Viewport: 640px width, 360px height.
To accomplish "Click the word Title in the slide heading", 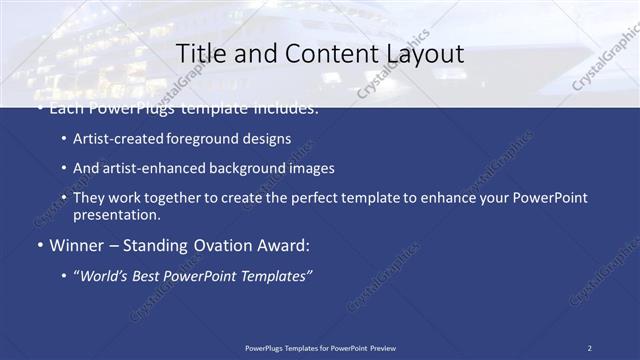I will pos(200,53).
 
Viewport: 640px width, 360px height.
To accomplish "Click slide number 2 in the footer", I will pos(589,348).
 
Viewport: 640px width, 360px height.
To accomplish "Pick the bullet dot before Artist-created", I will pos(65,139).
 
